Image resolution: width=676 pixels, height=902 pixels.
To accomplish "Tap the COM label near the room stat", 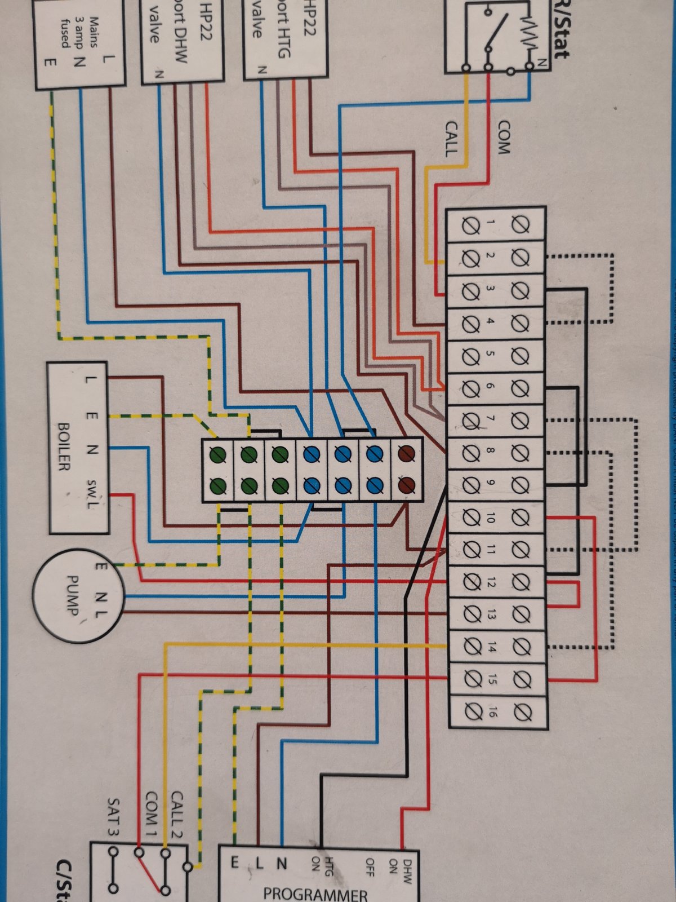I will (503, 138).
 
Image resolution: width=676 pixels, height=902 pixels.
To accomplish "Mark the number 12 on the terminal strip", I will (490, 582).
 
